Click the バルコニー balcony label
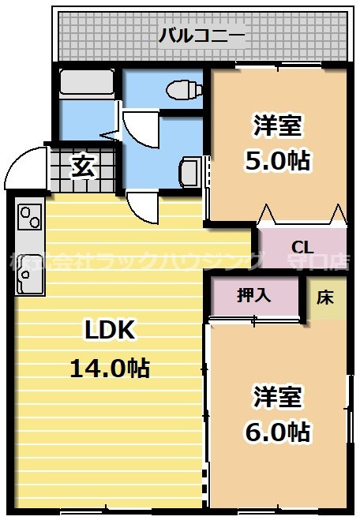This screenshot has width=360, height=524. pyautogui.click(x=202, y=35)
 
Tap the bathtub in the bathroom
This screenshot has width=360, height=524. pyautogui.click(x=88, y=84)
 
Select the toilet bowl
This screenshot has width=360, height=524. pyautogui.click(x=183, y=88)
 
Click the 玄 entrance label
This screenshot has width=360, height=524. pyautogui.click(x=81, y=167)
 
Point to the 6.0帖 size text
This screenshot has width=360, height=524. pyautogui.click(x=276, y=431)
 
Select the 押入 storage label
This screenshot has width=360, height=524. pyautogui.click(x=254, y=295)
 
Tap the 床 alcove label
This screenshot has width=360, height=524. pyautogui.click(x=326, y=297)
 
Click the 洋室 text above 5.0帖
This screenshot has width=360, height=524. pyautogui.click(x=276, y=125)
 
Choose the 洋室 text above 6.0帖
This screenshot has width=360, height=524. pyautogui.click(x=276, y=395)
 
